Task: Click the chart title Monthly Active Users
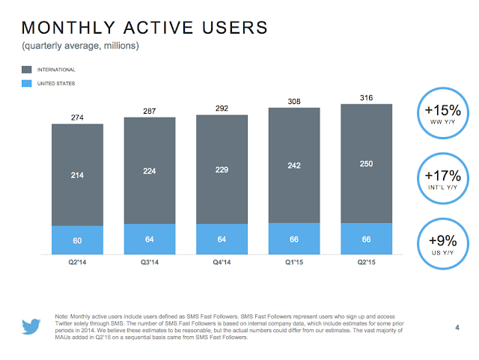(x=144, y=28)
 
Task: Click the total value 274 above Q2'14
(x=77, y=117)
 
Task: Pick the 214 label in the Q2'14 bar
(x=77, y=174)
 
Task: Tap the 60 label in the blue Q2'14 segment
(x=77, y=241)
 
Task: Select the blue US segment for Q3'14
(x=149, y=240)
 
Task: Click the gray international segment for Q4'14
(x=221, y=169)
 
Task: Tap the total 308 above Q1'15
(x=293, y=101)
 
